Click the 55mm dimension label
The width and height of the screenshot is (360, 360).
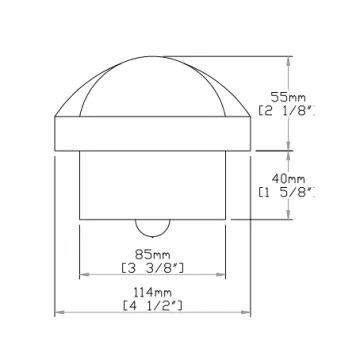pyautogui.click(x=288, y=98)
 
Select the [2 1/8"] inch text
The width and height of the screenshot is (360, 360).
pyautogui.click(x=287, y=111)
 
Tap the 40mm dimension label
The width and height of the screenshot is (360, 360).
pyautogui.click(x=288, y=179)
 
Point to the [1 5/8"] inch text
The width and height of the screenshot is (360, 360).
pyautogui.click(x=287, y=192)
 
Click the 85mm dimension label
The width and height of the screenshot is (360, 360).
pyautogui.click(x=152, y=255)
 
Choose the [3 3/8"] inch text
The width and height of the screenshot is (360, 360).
pyautogui.click(x=152, y=268)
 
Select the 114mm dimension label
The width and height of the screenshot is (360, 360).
pyautogui.click(x=153, y=293)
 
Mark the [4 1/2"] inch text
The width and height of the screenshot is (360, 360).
pyautogui.click(x=153, y=306)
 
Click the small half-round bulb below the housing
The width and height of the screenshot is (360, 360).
pyautogui.click(x=152, y=228)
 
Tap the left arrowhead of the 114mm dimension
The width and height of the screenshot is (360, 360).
pyautogui.click(x=59, y=312)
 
